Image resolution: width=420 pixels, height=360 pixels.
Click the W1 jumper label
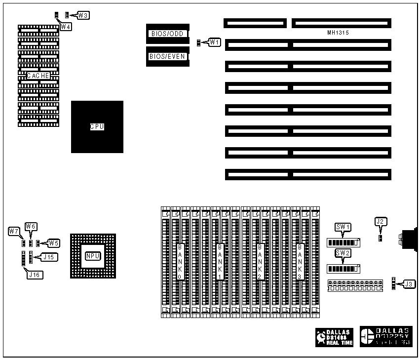click(214, 42)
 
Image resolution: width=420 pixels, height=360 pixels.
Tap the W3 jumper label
click(83, 15)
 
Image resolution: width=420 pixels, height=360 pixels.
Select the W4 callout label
click(66, 27)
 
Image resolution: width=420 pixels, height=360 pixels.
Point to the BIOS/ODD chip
click(167, 34)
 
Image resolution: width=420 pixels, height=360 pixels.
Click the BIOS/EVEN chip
click(167, 56)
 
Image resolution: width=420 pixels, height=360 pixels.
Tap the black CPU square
click(97, 126)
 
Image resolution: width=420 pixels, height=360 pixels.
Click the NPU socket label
click(93, 256)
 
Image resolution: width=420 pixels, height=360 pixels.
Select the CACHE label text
click(38, 76)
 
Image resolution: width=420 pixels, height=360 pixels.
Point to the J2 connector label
click(380, 222)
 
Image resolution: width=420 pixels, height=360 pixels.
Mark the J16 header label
click(34, 275)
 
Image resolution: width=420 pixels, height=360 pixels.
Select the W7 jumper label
click(14, 231)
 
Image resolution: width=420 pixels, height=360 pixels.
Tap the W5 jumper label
click(53, 243)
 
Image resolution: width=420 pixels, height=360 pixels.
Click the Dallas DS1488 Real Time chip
click(335, 337)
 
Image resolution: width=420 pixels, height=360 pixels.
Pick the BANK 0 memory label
click(180, 261)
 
